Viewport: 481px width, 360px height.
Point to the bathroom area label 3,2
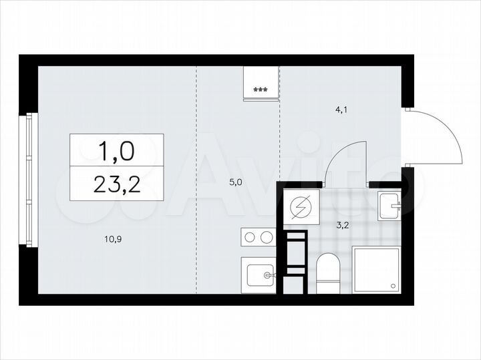tap(342, 224)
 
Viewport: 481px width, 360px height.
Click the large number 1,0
tap(117, 151)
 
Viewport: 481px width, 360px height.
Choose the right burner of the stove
tap(267, 236)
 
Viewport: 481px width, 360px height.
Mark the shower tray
tap(376, 269)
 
